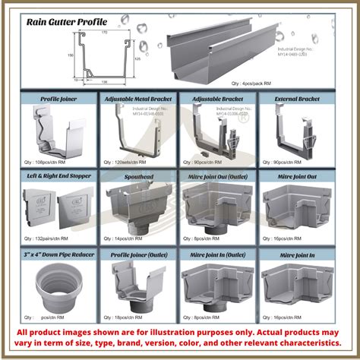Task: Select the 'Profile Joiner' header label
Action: (x=58, y=99)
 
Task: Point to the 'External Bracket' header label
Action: (x=298, y=99)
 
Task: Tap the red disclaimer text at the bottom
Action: (x=180, y=337)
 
